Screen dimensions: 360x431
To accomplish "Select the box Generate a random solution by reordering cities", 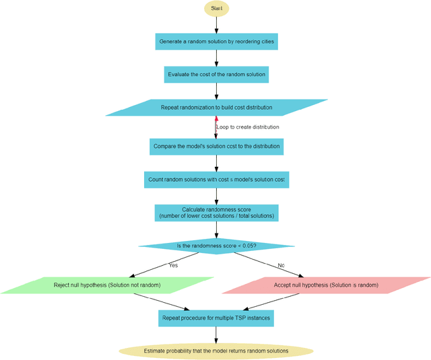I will (215, 42).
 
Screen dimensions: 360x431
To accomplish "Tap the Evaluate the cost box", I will (215, 74).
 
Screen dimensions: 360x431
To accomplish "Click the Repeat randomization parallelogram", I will (215, 108).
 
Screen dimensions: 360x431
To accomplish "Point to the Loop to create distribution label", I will (247, 127).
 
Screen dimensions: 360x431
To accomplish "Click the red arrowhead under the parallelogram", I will (215, 120).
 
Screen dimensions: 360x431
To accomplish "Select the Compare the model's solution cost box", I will (215, 145).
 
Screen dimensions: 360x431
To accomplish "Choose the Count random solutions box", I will (215, 180).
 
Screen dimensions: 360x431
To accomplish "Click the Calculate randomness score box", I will (215, 213).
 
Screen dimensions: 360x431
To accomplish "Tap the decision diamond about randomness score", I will (215, 246).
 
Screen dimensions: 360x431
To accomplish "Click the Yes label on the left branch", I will (173, 266).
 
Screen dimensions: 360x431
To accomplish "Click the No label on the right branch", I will (281, 266).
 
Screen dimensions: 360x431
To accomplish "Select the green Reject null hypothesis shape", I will (108, 285).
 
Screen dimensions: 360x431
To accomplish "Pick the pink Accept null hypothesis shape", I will (326, 285).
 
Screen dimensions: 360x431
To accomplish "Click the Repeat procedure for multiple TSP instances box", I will (215, 318).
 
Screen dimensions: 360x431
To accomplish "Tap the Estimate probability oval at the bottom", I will (215, 351).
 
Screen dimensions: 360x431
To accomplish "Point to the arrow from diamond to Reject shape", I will (162, 264).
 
